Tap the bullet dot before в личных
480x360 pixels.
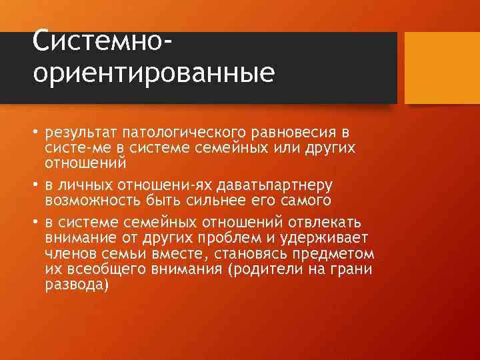(x=36, y=184)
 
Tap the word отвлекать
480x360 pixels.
(x=320, y=221)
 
